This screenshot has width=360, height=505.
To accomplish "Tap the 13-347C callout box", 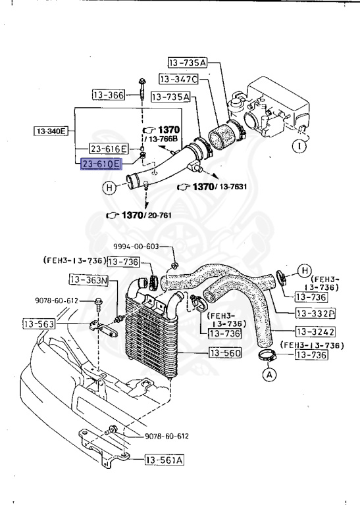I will [x=178, y=80].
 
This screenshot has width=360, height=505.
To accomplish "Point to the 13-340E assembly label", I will [x=51, y=132].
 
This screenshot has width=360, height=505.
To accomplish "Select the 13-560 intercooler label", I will [x=225, y=354].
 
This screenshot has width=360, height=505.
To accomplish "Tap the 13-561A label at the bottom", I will [x=165, y=460].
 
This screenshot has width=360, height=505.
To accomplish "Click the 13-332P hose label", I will [x=315, y=313].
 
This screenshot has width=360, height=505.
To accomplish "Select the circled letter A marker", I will [x=268, y=375].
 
